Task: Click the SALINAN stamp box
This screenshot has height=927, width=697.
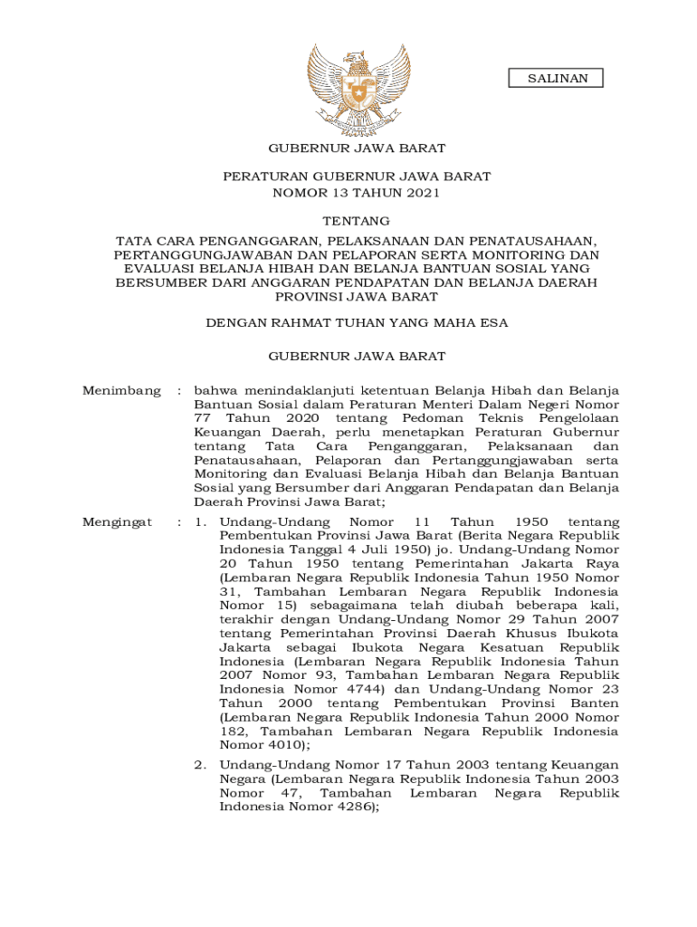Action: click(559, 79)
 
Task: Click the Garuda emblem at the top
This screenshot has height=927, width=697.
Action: click(357, 88)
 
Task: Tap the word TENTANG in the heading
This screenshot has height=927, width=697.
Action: click(357, 221)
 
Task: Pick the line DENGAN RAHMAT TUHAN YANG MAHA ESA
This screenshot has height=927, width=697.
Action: click(357, 322)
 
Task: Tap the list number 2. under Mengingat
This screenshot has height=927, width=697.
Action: click(202, 766)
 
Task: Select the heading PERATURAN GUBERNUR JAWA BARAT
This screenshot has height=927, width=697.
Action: click(357, 177)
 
